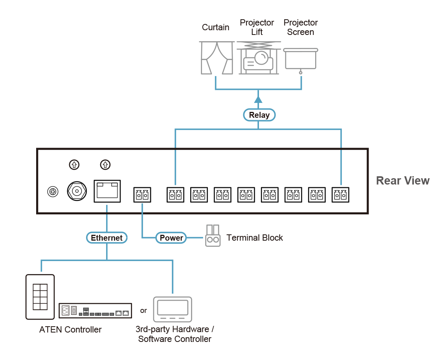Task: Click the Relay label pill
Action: click(259, 115)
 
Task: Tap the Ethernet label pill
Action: click(106, 238)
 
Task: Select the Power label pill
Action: click(171, 238)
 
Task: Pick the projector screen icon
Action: click(301, 60)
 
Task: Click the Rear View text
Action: click(402, 181)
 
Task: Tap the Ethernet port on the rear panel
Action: click(107, 191)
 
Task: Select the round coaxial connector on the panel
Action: click(76, 191)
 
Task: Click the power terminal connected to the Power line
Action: click(142, 194)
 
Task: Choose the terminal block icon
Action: click(213, 236)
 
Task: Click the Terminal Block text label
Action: click(255, 238)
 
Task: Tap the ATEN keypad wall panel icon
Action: click(40, 297)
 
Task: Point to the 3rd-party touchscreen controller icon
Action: click(173, 309)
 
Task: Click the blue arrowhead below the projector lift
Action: click(258, 99)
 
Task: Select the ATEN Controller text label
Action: click(70, 329)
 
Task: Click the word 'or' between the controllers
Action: click(143, 311)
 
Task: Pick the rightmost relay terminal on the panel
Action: click(340, 194)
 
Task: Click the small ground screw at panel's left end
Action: click(50, 192)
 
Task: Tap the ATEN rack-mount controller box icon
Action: click(95, 310)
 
